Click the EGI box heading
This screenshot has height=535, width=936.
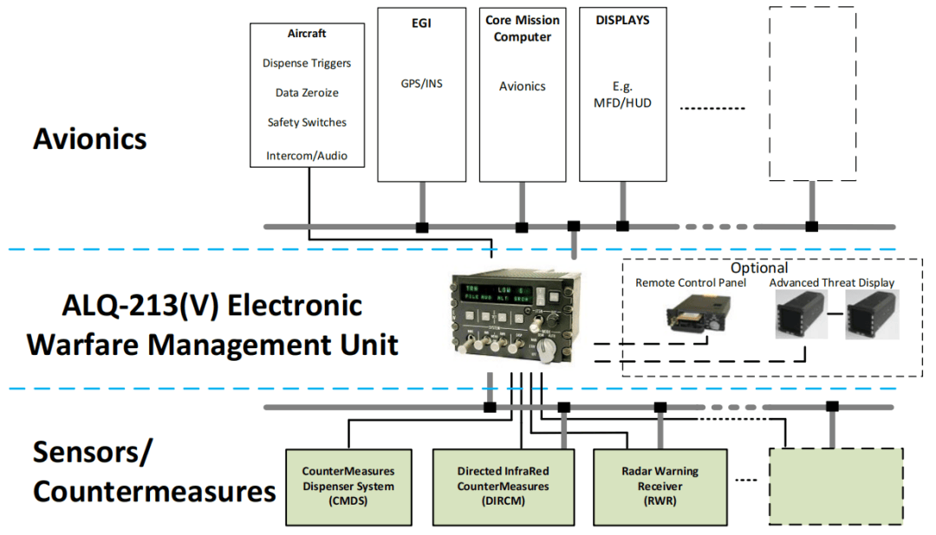coord(421,23)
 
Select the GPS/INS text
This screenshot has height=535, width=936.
coord(421,84)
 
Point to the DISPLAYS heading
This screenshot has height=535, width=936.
coord(622,20)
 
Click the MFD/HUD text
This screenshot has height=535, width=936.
coord(622,103)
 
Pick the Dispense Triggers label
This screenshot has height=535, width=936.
coord(307,63)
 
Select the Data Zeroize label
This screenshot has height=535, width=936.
coord(307,93)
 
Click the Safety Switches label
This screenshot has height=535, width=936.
coord(307,122)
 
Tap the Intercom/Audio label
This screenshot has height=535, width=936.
coord(307,156)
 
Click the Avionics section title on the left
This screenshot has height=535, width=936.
coord(90,139)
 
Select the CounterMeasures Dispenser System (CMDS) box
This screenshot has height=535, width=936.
coord(348,486)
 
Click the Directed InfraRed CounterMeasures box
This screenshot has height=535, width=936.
coord(504,486)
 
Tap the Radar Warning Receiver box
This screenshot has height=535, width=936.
coord(660,486)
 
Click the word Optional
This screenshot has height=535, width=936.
coord(759,268)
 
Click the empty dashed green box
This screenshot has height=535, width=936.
coord(836,486)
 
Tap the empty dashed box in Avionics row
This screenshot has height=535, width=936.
coord(812,93)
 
